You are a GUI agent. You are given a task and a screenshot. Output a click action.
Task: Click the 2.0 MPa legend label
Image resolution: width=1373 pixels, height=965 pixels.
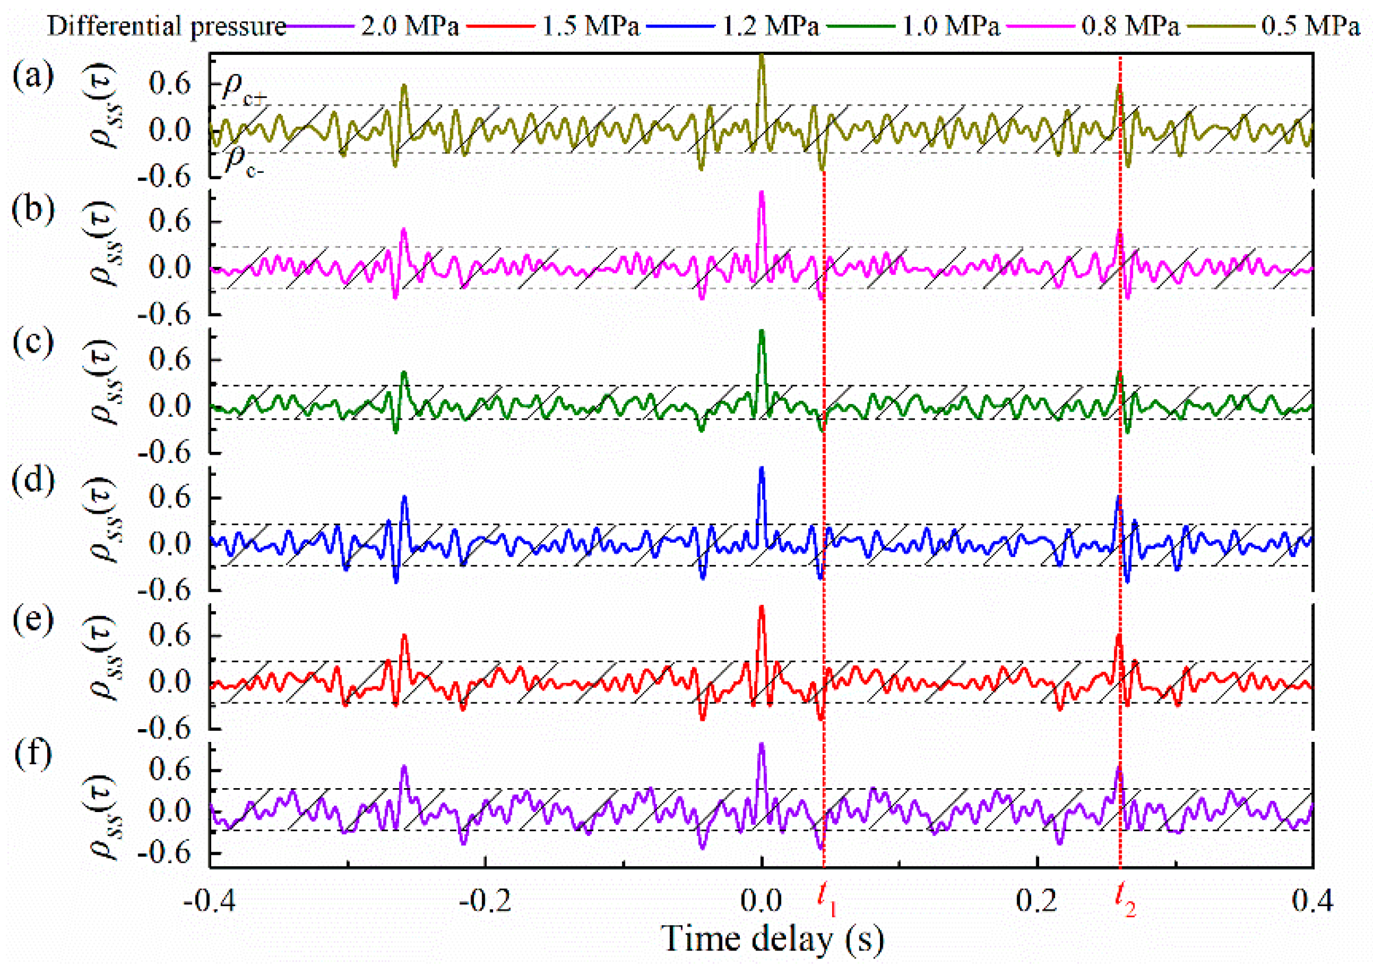pyautogui.click(x=410, y=26)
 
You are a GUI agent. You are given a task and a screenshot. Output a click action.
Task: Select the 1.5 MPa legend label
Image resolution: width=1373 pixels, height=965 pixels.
pyautogui.click(x=591, y=26)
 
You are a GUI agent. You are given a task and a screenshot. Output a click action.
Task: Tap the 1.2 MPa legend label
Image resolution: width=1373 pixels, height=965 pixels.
pyautogui.click(x=771, y=26)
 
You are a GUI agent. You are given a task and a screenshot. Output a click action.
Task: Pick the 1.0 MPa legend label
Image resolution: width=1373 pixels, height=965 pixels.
pyautogui.click(x=951, y=26)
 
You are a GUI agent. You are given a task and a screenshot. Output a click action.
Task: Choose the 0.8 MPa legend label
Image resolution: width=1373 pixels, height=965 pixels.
pyautogui.click(x=1131, y=26)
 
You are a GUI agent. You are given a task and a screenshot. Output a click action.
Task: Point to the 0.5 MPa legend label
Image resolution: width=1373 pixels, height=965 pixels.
pyautogui.click(x=1311, y=26)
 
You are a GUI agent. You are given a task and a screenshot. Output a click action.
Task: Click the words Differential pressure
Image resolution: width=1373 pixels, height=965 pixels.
pyautogui.click(x=167, y=26)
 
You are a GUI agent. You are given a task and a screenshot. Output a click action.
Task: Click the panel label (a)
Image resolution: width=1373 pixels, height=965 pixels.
pyautogui.click(x=33, y=76)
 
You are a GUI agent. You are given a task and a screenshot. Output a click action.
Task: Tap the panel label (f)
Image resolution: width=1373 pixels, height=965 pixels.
pyautogui.click(x=33, y=755)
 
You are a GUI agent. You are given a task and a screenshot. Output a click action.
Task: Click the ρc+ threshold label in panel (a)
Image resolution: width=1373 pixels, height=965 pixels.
pyautogui.click(x=244, y=90)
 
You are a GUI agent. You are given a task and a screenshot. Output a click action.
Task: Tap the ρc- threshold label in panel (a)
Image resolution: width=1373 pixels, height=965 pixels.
pyautogui.click(x=244, y=163)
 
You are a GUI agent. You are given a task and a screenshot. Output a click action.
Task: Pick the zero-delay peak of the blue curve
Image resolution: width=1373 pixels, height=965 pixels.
pyautogui.click(x=761, y=469)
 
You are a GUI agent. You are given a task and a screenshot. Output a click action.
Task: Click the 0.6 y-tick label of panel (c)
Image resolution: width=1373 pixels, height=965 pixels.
pyautogui.click(x=170, y=361)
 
